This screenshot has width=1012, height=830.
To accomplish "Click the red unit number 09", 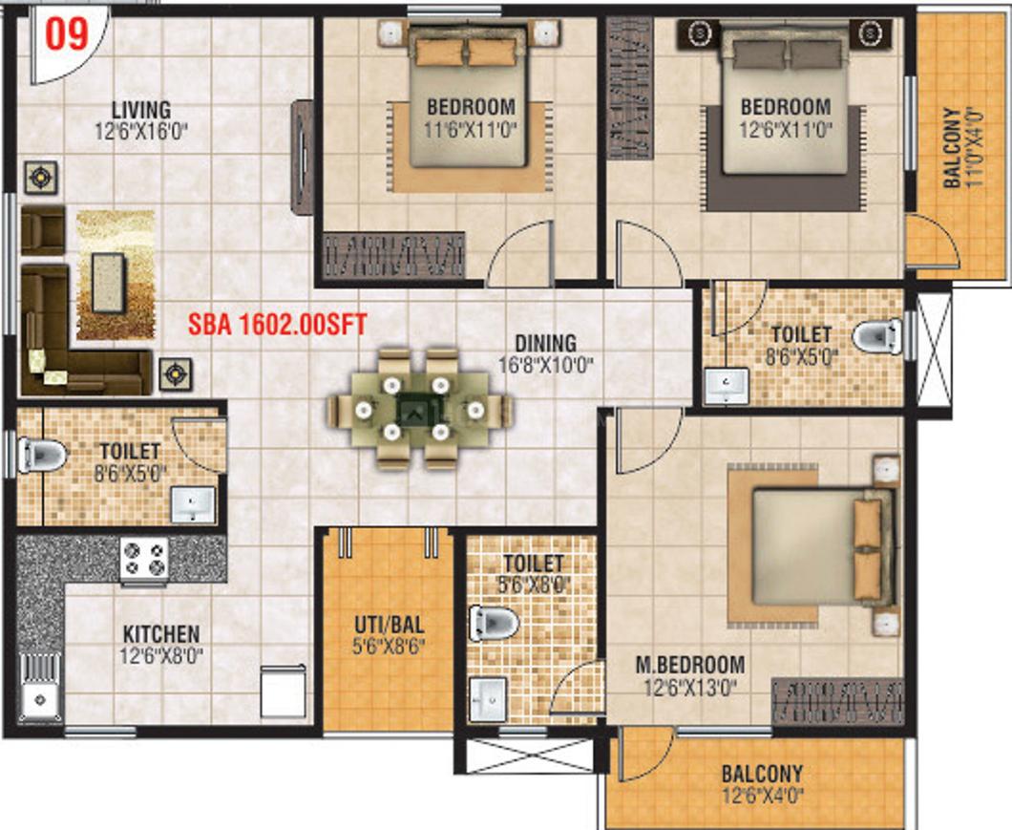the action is pos(67,33).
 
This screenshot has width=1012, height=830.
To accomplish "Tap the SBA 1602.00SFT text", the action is pos(278,324).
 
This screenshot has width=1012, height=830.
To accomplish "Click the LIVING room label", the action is pos(141,109).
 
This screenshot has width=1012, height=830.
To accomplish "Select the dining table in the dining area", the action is pos(419,409).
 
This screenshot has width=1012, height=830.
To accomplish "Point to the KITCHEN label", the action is pos(161,633).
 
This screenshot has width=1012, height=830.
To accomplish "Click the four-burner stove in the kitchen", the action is pos(144,559).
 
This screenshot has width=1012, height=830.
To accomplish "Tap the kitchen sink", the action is pos(40,688).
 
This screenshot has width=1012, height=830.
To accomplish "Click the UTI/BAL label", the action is pos(390,625).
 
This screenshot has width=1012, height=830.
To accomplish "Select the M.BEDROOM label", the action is pos(690,664).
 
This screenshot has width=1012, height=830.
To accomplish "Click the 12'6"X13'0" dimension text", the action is pos(690,688).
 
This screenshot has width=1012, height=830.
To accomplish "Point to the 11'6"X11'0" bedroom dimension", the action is pos(471,129).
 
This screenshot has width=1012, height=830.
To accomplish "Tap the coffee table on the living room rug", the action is pos(109,283).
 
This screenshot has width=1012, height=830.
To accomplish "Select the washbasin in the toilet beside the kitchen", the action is pos(192,504).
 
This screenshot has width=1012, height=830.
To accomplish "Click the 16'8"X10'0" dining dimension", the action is pos(546,365).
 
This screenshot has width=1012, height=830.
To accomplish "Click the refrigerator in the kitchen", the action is pos(284,692).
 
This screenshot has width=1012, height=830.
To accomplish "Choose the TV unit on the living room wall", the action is pos(302,158).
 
